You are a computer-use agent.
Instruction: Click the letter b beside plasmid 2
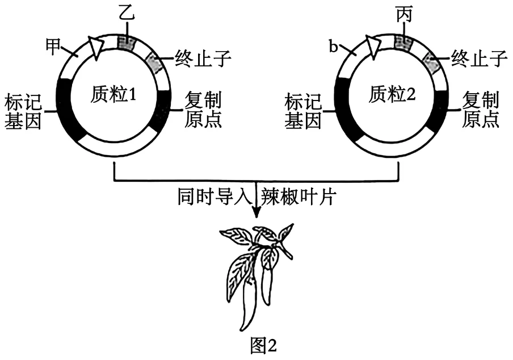pyautogui.click(x=333, y=47)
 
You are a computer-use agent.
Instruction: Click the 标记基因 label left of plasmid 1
pyautogui.click(x=23, y=111)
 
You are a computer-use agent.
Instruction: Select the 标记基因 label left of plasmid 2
pyautogui.click(x=302, y=111)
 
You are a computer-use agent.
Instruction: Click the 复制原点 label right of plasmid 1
pyautogui.click(x=203, y=110)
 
